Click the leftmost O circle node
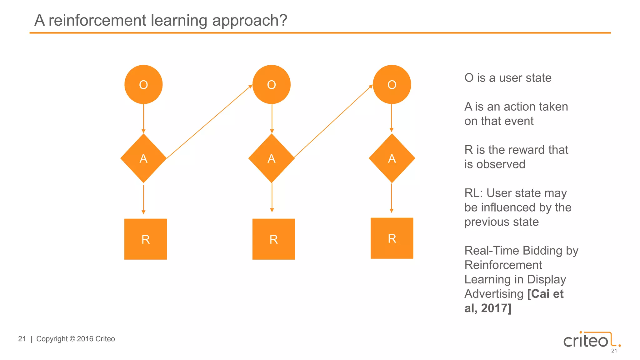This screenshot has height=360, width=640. click(143, 84)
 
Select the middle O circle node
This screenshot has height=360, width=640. click(271, 84)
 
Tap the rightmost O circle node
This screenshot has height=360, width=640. click(392, 84)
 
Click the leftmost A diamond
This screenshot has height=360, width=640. click(143, 158)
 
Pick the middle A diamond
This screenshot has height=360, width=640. click(271, 158)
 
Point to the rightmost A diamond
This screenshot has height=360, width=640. click(392, 158)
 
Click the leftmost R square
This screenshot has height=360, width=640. click(146, 239)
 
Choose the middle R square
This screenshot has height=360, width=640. click(273, 239)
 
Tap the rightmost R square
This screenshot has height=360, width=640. click(392, 238)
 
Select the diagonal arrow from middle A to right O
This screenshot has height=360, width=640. click(333, 121)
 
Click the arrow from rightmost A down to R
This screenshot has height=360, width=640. click(392, 198)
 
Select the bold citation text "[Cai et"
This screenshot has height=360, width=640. click(545, 294)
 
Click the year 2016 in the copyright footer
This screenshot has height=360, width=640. click(85, 339)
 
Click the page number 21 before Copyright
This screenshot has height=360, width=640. click(22, 339)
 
